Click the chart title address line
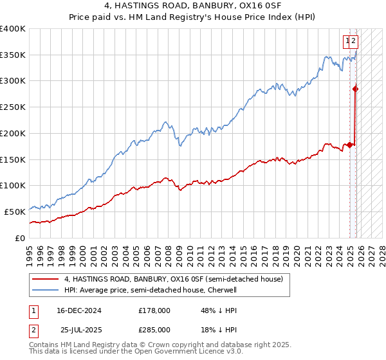(x=193, y=7)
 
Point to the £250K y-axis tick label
(x=13, y=107)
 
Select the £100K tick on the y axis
(x=13, y=186)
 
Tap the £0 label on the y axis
(x=20, y=238)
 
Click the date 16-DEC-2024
(x=79, y=310)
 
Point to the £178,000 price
(x=154, y=310)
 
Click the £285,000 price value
(x=154, y=330)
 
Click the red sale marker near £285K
(x=355, y=89)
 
